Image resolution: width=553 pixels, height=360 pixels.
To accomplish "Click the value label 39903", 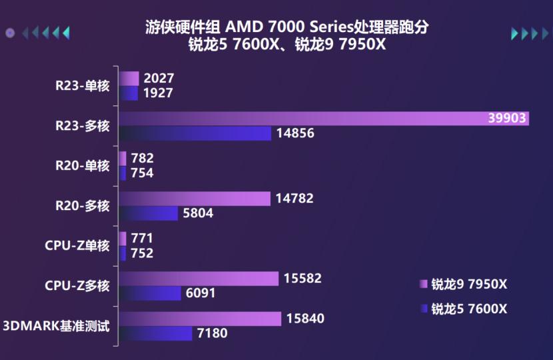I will click(x=507, y=119).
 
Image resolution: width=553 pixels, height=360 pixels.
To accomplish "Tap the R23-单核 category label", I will click(x=82, y=85).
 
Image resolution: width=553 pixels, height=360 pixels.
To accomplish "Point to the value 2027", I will click(x=158, y=79).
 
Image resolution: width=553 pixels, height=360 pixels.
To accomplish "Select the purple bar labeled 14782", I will click(x=195, y=199).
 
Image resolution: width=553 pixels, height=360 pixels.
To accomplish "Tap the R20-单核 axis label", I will click(x=82, y=166).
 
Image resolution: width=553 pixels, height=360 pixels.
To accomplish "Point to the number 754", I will click(x=142, y=173).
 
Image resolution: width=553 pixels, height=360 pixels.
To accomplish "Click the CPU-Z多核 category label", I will click(x=77, y=286).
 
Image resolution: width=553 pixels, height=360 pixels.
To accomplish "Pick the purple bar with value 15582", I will click(x=199, y=279).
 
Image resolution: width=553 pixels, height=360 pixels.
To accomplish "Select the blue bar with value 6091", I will click(x=150, y=293).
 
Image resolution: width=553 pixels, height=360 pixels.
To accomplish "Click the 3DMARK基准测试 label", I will click(x=56, y=326).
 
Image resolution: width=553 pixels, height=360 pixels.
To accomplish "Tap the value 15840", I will click(x=305, y=319).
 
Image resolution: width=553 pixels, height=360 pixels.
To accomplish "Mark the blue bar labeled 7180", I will click(x=156, y=333).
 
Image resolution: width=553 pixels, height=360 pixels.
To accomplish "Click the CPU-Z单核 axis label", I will click(x=77, y=245).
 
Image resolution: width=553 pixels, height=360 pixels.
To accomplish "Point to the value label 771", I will click(x=142, y=239).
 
